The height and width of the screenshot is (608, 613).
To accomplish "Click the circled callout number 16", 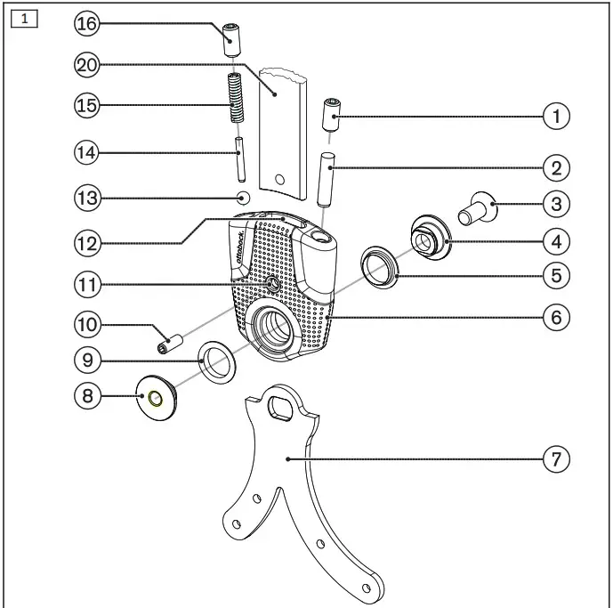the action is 87,23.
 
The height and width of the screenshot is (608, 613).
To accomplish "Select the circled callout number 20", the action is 87,65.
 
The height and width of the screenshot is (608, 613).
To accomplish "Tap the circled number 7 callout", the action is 556,459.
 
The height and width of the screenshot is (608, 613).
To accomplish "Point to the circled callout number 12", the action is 87,243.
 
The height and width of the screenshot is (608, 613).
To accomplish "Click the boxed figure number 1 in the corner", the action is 24,19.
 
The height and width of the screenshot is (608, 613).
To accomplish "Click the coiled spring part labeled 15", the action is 236,97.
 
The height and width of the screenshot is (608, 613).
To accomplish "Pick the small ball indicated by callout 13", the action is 244,198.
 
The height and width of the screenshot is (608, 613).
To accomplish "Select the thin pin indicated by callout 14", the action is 240,158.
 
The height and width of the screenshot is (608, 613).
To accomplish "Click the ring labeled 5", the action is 379,267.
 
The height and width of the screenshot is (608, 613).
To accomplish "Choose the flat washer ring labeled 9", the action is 217,362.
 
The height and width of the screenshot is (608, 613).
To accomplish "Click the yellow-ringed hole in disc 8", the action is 155,399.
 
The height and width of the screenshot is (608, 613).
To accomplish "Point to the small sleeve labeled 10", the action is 171,344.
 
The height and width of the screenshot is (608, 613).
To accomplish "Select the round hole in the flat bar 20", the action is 279,180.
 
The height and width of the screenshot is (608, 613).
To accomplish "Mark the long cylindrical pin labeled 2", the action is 327,180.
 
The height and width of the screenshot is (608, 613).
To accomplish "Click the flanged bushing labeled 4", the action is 431,237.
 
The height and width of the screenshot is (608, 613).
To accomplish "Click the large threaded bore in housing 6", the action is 274,327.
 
